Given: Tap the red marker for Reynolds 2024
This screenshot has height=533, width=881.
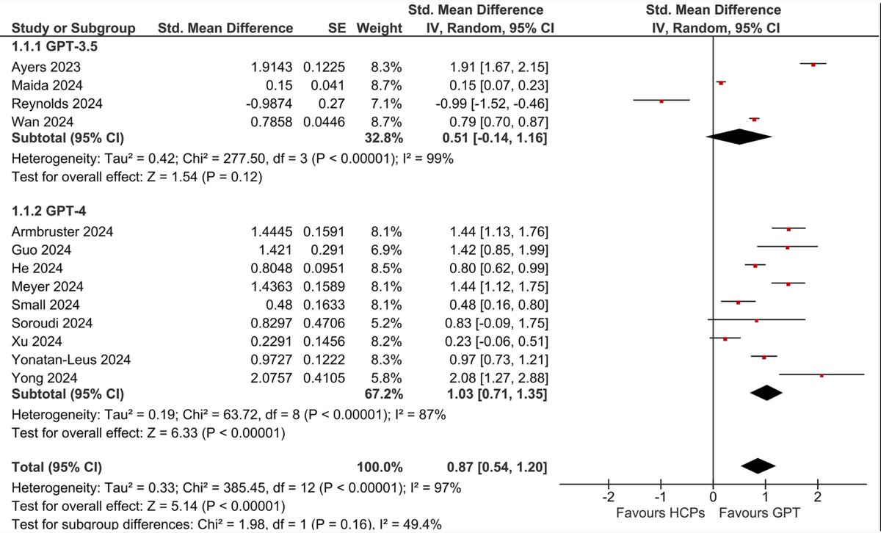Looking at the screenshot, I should (661, 101).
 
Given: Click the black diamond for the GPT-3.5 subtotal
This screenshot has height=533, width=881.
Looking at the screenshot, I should (739, 137).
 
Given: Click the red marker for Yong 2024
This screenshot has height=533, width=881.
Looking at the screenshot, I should (822, 375).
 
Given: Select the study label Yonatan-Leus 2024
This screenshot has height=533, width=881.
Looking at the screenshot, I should (70, 359).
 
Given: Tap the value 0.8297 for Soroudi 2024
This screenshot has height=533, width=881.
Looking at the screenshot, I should (272, 322).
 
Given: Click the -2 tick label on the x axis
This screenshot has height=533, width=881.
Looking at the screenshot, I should (609, 498).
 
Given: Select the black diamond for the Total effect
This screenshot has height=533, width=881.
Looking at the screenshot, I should (759, 466).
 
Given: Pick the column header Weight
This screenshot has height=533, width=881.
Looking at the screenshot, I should (380, 29).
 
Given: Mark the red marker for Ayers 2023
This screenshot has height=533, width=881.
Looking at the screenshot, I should (813, 65).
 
